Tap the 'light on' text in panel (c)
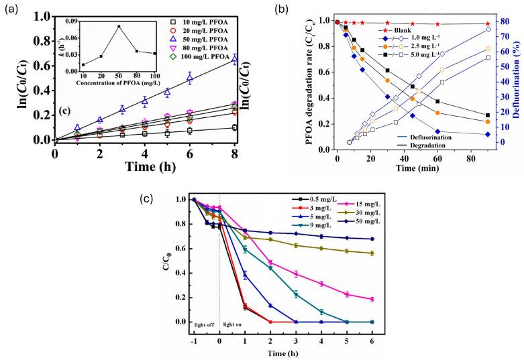[x=236, y=324]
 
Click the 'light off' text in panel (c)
[x=205, y=324]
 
